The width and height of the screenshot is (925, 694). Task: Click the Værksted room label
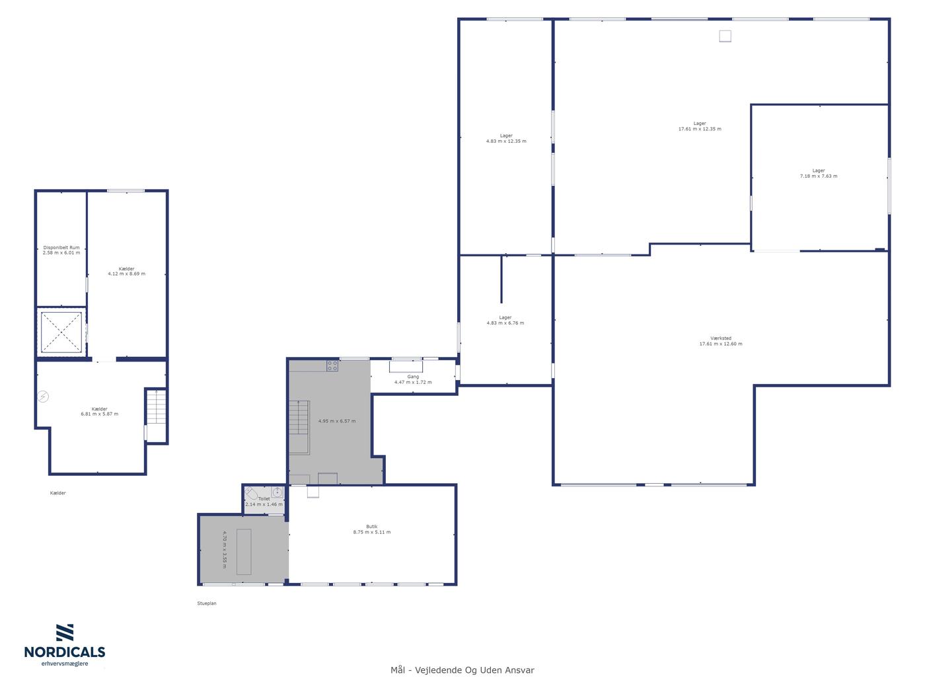pyautogui.click(x=721, y=338)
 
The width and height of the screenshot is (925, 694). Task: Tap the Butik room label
pyautogui.click(x=372, y=526)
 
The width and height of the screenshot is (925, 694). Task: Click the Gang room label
pyautogui.click(x=413, y=377)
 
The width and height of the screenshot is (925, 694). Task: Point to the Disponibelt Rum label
pyautogui.click(x=61, y=248)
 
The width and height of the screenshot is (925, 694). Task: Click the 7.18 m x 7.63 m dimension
pyautogui.click(x=819, y=176)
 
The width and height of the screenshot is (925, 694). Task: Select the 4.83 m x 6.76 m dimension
pyautogui.click(x=505, y=323)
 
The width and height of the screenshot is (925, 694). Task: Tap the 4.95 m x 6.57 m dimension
pyautogui.click(x=337, y=421)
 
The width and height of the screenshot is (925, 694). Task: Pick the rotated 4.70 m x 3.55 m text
pyautogui.click(x=225, y=549)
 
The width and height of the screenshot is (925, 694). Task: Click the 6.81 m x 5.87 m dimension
pyautogui.click(x=100, y=414)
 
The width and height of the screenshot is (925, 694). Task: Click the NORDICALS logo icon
pyautogui.click(x=65, y=633)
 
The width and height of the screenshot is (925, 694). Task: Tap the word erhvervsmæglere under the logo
pyautogui.click(x=65, y=664)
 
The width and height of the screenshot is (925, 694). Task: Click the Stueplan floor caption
pyautogui.click(x=207, y=603)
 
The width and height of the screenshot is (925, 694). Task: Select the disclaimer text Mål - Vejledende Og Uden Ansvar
pyautogui.click(x=462, y=670)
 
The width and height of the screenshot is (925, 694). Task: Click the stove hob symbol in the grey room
pyautogui.click(x=332, y=366)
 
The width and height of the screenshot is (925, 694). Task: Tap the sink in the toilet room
pyautogui.click(x=277, y=492)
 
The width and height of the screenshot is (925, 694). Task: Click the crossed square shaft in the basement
pyautogui.click(x=61, y=332)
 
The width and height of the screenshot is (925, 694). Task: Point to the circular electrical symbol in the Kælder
pyautogui.click(x=43, y=397)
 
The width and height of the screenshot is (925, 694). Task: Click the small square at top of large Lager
pyautogui.click(x=725, y=36)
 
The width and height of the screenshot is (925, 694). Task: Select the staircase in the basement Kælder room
pyautogui.click(x=156, y=406)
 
